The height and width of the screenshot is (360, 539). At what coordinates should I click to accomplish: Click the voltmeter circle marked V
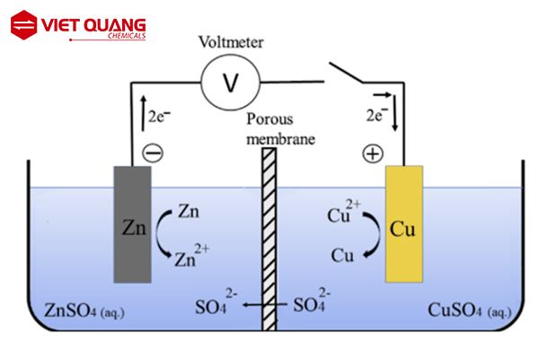pos(230,82)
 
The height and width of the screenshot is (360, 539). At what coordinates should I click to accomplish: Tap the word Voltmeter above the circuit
pos(230,41)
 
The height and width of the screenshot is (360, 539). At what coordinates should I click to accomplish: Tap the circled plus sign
pos(372,154)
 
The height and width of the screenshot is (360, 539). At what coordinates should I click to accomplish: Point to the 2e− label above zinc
pos(157,115)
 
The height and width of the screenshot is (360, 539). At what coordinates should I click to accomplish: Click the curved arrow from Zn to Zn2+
pos(163,236)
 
